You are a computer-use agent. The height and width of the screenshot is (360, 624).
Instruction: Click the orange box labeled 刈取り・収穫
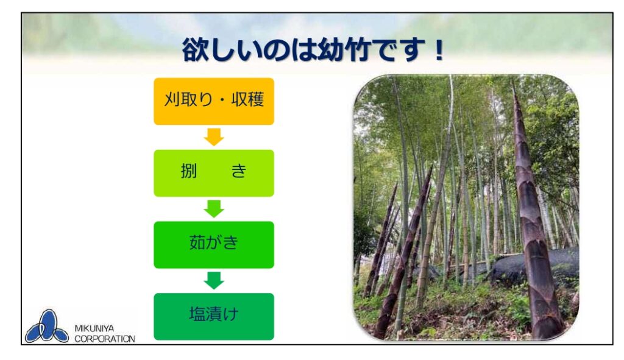click(214, 101)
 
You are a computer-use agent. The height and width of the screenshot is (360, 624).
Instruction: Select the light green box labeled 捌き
click(214, 173)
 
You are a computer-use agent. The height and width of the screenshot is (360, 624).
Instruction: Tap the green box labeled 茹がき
click(214, 245)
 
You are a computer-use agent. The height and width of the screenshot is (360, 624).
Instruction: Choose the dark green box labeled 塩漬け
click(214, 317)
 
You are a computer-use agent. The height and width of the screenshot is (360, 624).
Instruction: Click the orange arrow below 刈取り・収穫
click(214, 137)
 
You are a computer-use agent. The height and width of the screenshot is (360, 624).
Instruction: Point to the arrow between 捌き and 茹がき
click(214, 208)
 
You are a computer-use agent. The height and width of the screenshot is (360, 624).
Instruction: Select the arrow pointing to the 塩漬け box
click(214, 280)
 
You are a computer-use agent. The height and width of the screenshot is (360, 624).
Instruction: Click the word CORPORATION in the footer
click(105, 339)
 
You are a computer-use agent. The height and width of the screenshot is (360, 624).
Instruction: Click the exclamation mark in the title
click(439, 50)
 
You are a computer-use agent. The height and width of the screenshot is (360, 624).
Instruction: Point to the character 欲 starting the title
click(196, 50)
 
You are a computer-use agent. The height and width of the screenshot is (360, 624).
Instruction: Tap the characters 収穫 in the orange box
click(247, 99)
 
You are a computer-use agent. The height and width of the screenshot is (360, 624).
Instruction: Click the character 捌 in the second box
click(189, 171)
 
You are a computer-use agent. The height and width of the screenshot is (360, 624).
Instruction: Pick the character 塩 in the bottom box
click(197, 314)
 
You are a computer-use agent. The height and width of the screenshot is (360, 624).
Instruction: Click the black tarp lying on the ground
click(533, 264)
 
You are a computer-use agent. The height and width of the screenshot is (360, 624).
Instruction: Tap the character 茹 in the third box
click(197, 242)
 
